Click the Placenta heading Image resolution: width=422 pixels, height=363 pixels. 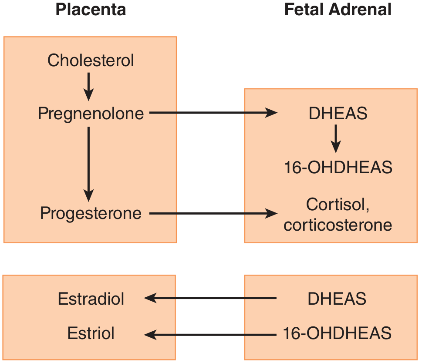pos(91,10)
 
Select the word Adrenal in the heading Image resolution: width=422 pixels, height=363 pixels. pos(360,10)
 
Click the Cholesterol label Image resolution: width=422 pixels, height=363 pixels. pos(91,60)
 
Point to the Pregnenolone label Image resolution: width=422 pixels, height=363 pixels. pos(91,114)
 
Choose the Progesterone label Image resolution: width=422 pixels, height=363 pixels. pos(91,214)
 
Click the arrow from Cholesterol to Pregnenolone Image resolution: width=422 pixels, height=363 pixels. pos(88,87)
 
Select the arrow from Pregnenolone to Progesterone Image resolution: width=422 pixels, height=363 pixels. pos(88,164)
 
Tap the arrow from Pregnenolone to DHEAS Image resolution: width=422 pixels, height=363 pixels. pos(213,113)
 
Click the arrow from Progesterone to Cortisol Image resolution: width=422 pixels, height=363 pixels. pos(213,214)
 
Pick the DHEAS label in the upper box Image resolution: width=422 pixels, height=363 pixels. pos(338,113)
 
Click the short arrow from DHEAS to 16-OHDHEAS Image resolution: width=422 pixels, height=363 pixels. pos(336,139)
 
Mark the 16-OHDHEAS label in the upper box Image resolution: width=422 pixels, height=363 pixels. pos(338,167)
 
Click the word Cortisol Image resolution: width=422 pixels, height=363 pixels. pos(338,205)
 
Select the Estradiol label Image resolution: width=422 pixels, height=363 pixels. pos(91,299)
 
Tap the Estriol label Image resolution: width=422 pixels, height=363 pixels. pos(91,333)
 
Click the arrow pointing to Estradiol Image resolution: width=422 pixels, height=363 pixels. pos(210,298)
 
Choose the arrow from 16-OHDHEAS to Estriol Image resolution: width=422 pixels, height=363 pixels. pos(210,335)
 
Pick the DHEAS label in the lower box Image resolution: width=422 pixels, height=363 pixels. pos(337,299)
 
